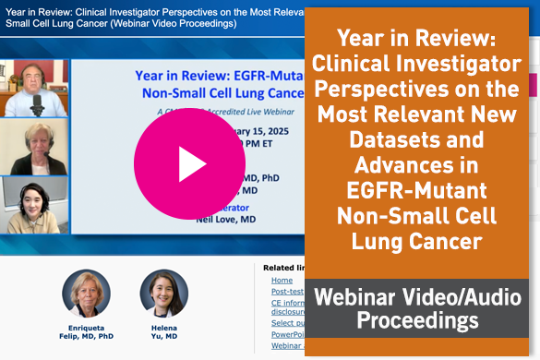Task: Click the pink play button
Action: coord(190,162)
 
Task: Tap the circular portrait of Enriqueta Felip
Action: coord(86,293)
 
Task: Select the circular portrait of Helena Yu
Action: coord(163,293)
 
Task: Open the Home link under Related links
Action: coord(282,280)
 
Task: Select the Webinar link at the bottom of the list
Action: coord(285,345)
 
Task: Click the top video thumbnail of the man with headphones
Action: coord(34,88)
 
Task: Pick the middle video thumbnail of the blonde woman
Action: coord(34,147)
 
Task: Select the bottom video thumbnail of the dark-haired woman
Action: coord(34,205)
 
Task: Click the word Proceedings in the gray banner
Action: coord(420,322)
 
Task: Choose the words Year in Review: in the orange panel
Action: coord(420,40)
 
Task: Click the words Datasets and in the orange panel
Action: coord(420,140)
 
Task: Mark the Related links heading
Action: coord(282,268)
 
